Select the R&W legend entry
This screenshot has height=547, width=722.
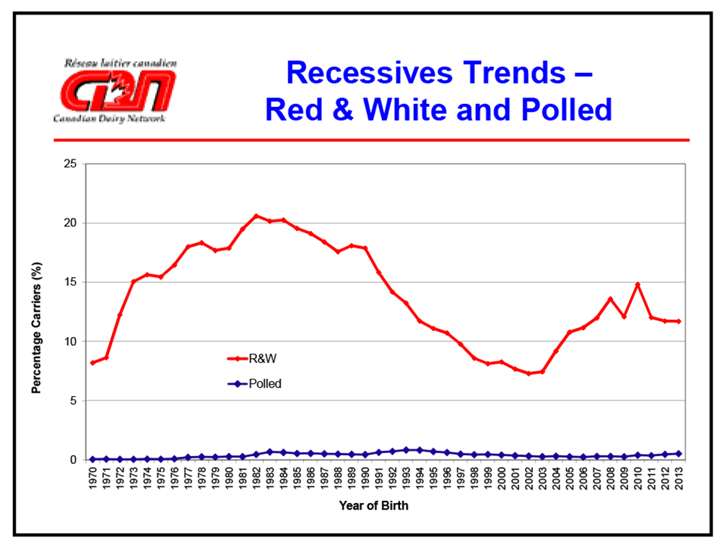[256, 357]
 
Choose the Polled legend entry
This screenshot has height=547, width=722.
[256, 384]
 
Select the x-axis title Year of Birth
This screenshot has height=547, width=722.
[374, 506]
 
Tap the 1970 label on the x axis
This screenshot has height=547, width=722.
[92, 479]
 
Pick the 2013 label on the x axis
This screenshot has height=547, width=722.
[679, 479]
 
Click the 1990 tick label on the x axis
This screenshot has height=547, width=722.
[365, 479]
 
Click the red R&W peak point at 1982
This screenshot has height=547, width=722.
[256, 216]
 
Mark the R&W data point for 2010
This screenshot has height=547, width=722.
[638, 285]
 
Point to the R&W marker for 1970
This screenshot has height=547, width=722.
[92, 362]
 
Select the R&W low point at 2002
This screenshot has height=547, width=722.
[529, 373]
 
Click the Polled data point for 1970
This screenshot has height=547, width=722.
[92, 459]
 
